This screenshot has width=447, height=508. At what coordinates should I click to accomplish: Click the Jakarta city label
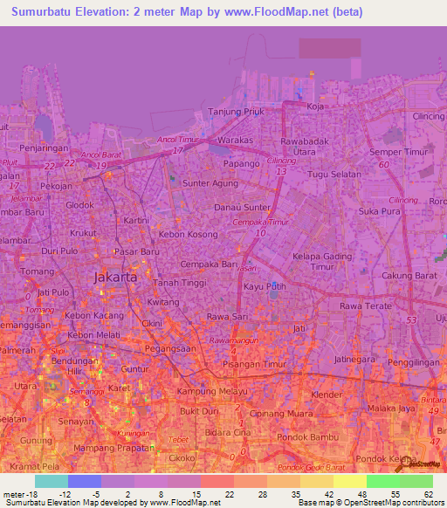tap(114, 276)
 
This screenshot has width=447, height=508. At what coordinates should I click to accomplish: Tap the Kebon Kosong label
tap(188, 236)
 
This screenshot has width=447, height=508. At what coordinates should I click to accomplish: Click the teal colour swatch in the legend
tap(51, 481)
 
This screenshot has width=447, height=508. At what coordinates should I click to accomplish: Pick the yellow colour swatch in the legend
tap(349, 481)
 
